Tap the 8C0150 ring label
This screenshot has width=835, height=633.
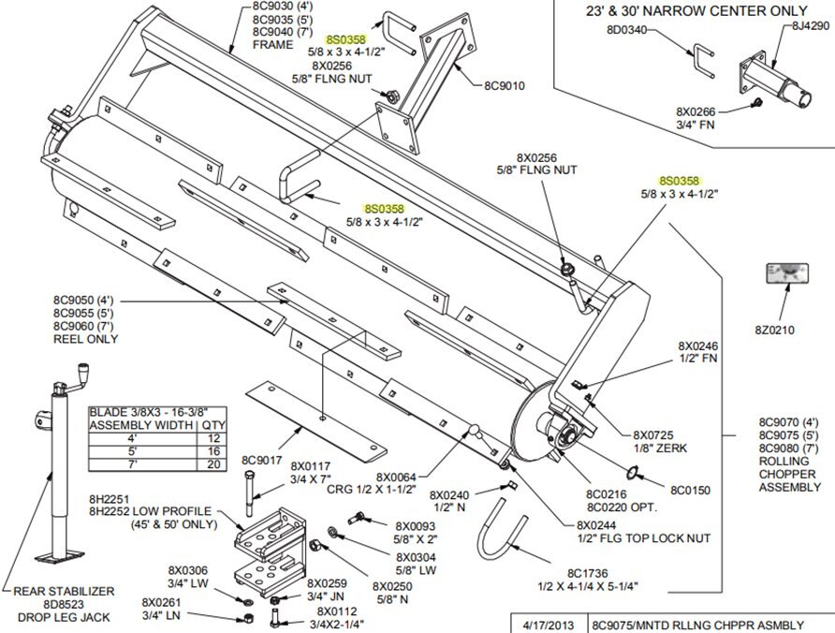[x=692, y=489]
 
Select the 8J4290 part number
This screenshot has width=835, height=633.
[x=811, y=26]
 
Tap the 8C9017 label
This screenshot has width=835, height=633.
[x=262, y=461]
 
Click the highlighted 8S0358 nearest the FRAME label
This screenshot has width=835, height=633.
[x=346, y=40]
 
